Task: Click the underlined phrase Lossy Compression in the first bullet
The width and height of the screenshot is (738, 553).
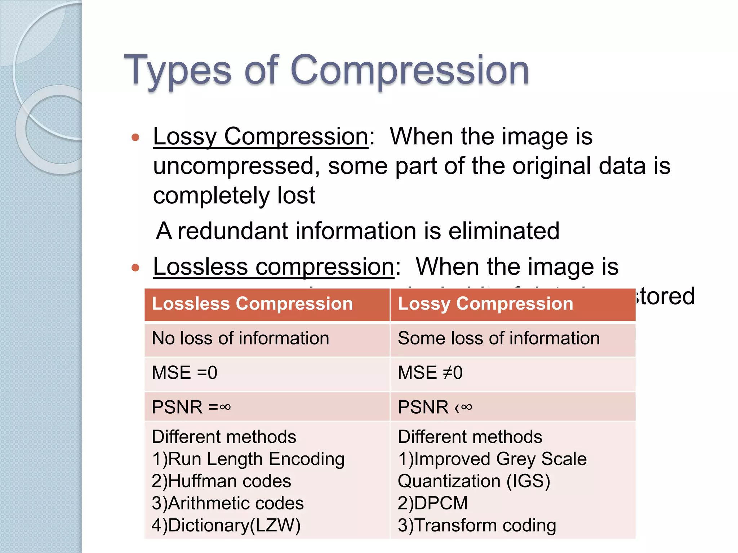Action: click(x=260, y=137)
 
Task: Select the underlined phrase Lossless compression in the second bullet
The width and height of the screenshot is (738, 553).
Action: click(x=274, y=267)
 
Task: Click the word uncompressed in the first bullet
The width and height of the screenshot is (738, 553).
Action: click(x=234, y=166)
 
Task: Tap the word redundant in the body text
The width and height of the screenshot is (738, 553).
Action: click(x=233, y=231)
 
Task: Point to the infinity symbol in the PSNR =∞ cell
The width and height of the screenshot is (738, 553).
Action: click(x=225, y=407)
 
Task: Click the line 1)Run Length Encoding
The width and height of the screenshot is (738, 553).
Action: click(x=248, y=459)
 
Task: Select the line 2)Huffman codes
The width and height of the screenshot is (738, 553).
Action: click(x=221, y=481)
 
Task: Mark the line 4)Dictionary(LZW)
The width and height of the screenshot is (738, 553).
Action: click(x=226, y=525)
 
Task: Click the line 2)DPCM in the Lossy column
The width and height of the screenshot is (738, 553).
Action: click(x=432, y=503)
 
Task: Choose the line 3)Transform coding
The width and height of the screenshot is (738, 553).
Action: click(x=476, y=525)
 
